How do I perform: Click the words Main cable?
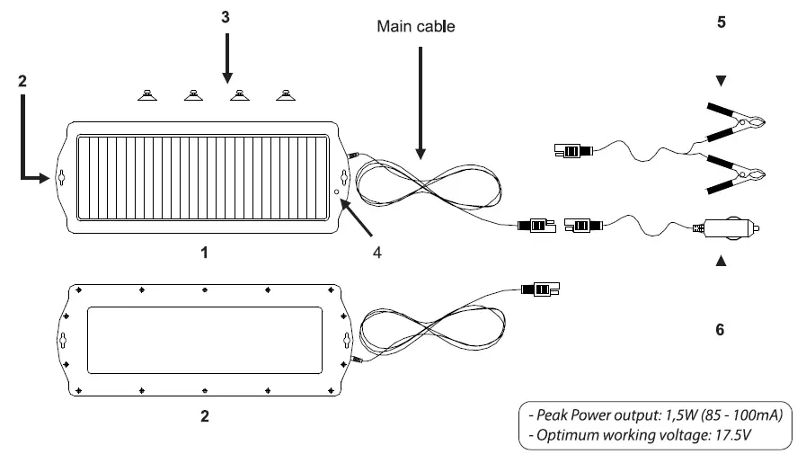click(415, 27)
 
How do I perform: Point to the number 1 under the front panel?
click(205, 254)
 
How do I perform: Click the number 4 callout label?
click(378, 253)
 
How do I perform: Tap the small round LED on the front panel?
click(336, 191)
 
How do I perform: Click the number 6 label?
click(720, 330)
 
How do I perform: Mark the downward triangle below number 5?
click(721, 82)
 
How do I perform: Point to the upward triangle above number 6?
click(721, 263)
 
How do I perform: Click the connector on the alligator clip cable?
click(569, 150)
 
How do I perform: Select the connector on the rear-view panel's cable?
click(541, 289)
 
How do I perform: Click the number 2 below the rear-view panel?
click(205, 417)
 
